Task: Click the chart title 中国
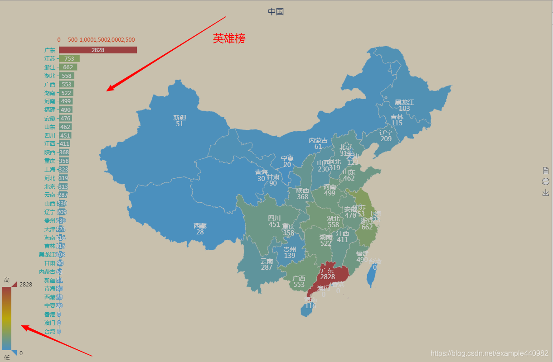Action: click(x=276, y=12)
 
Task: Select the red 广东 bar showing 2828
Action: click(x=97, y=50)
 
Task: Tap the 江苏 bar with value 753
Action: click(x=69, y=58)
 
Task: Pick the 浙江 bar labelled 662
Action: click(x=68, y=67)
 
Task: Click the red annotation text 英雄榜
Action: click(x=229, y=38)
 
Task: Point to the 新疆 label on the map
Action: click(x=179, y=118)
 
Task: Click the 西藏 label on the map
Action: click(x=200, y=226)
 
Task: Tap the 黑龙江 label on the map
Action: click(x=404, y=103)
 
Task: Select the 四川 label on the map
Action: click(x=274, y=219)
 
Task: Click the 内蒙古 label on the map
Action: click(x=318, y=141)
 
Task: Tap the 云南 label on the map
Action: click(x=267, y=262)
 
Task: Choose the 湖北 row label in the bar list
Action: click(x=50, y=76)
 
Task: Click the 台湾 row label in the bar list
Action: click(x=50, y=332)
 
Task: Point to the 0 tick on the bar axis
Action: click(x=59, y=40)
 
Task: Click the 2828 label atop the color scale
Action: click(x=25, y=285)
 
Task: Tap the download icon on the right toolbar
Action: click(x=546, y=192)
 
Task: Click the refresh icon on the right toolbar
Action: click(x=546, y=181)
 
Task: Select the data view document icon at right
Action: click(x=546, y=171)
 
